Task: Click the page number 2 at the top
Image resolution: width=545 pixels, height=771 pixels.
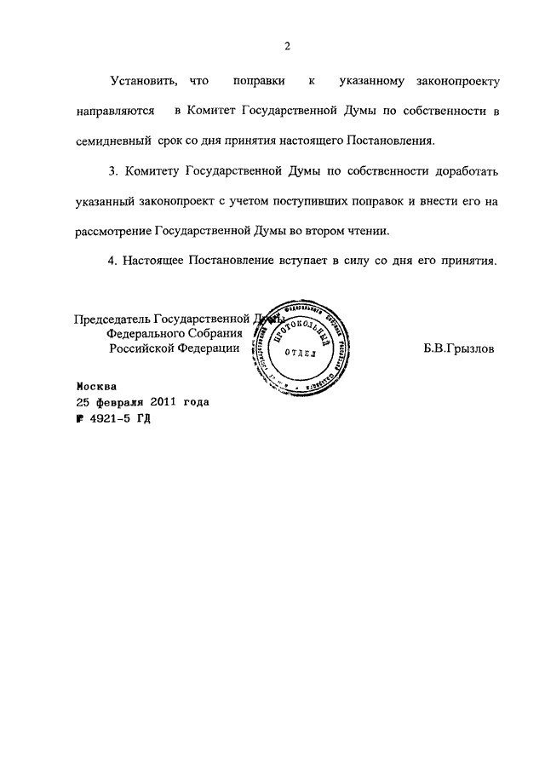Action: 288,46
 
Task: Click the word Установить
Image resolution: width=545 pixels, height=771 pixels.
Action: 143,83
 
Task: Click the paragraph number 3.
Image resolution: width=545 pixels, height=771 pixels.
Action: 113,171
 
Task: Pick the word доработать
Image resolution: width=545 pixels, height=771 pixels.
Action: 463,171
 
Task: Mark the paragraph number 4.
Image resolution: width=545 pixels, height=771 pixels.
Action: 113,261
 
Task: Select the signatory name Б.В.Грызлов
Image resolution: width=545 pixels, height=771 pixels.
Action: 457,348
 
